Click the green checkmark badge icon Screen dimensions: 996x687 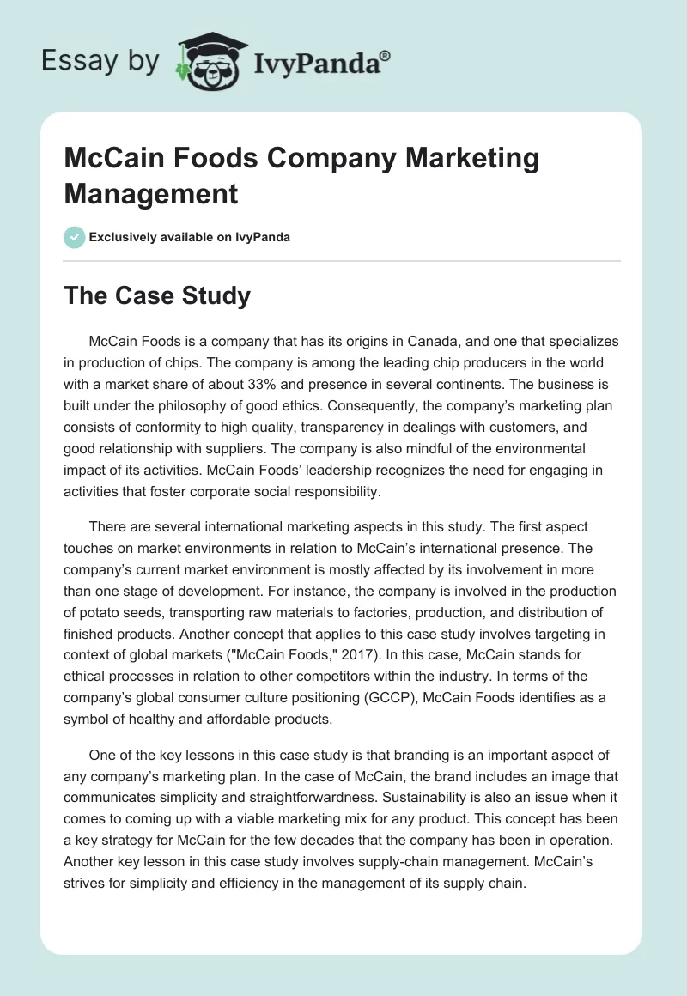[x=75, y=237]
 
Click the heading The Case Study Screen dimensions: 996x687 [x=157, y=296]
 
